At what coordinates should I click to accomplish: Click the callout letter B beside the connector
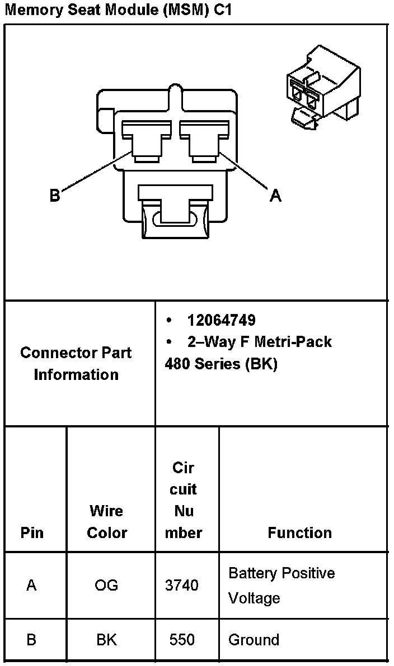coord(54,196)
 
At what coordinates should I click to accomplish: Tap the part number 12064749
coord(222,320)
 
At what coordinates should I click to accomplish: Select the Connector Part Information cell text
coord(76,364)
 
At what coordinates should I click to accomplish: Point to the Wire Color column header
coord(107,521)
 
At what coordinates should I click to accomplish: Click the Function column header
coord(299,532)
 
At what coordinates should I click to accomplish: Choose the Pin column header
coord(32,532)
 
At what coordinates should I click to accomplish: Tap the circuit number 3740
coord(182,585)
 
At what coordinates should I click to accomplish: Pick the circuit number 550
coord(182,640)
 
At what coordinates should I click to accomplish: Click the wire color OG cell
coord(106,585)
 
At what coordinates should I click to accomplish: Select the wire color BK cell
coord(106,640)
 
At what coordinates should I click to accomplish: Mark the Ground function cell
coord(254,640)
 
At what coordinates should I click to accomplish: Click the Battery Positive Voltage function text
coord(282,586)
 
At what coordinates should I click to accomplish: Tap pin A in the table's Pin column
coord(31,585)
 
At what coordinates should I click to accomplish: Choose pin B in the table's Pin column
coord(31,640)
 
